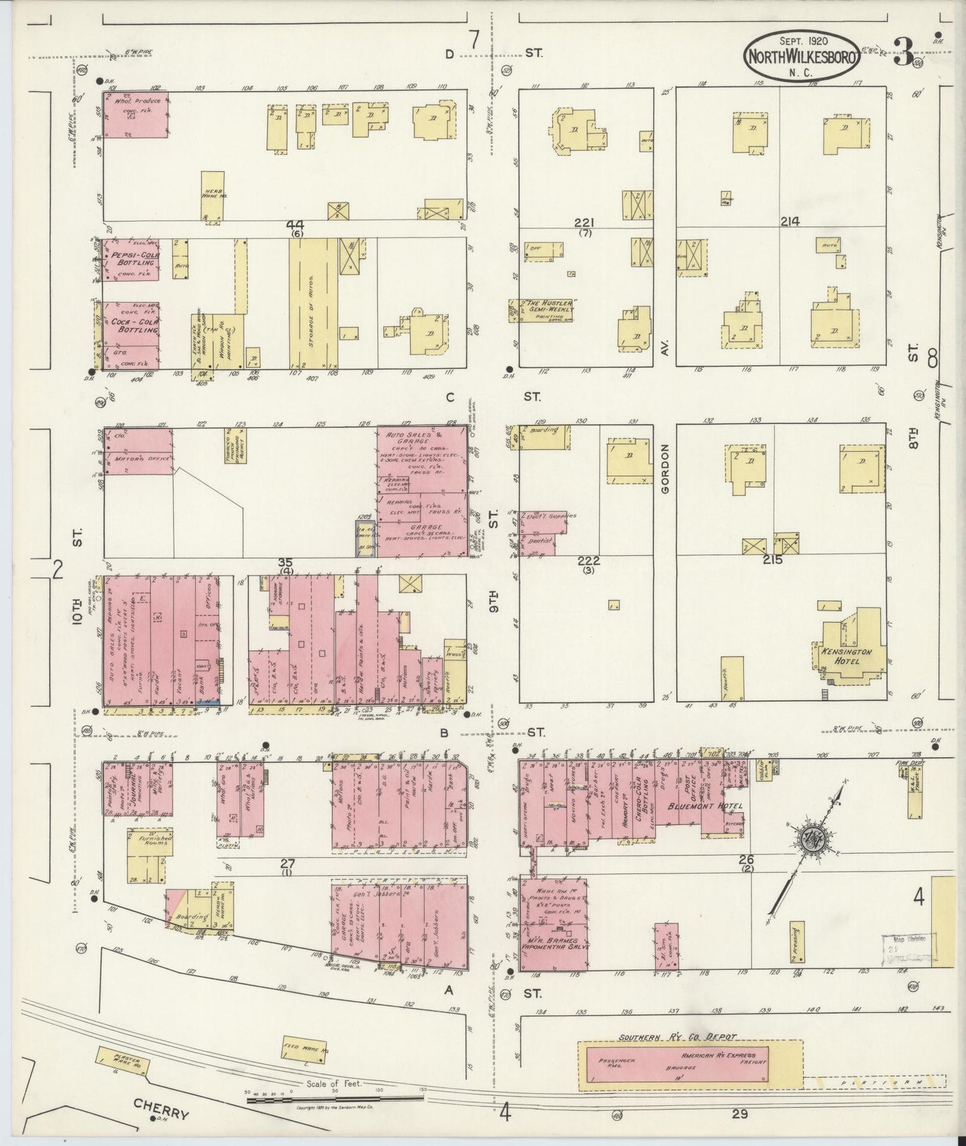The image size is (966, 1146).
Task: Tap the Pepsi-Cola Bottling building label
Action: tap(135, 259)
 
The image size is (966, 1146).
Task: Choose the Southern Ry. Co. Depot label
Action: tap(677, 1037)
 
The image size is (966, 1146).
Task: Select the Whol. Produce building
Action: tap(135, 114)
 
